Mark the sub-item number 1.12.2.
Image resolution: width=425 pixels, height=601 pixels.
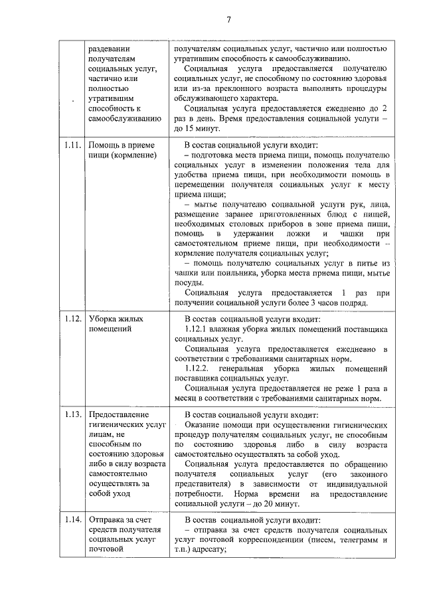[x=199, y=368]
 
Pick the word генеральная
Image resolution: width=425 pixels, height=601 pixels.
[x=243, y=368]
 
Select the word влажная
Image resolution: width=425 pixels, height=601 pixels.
[x=236, y=329]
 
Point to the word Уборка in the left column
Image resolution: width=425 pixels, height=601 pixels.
[x=106, y=319]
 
